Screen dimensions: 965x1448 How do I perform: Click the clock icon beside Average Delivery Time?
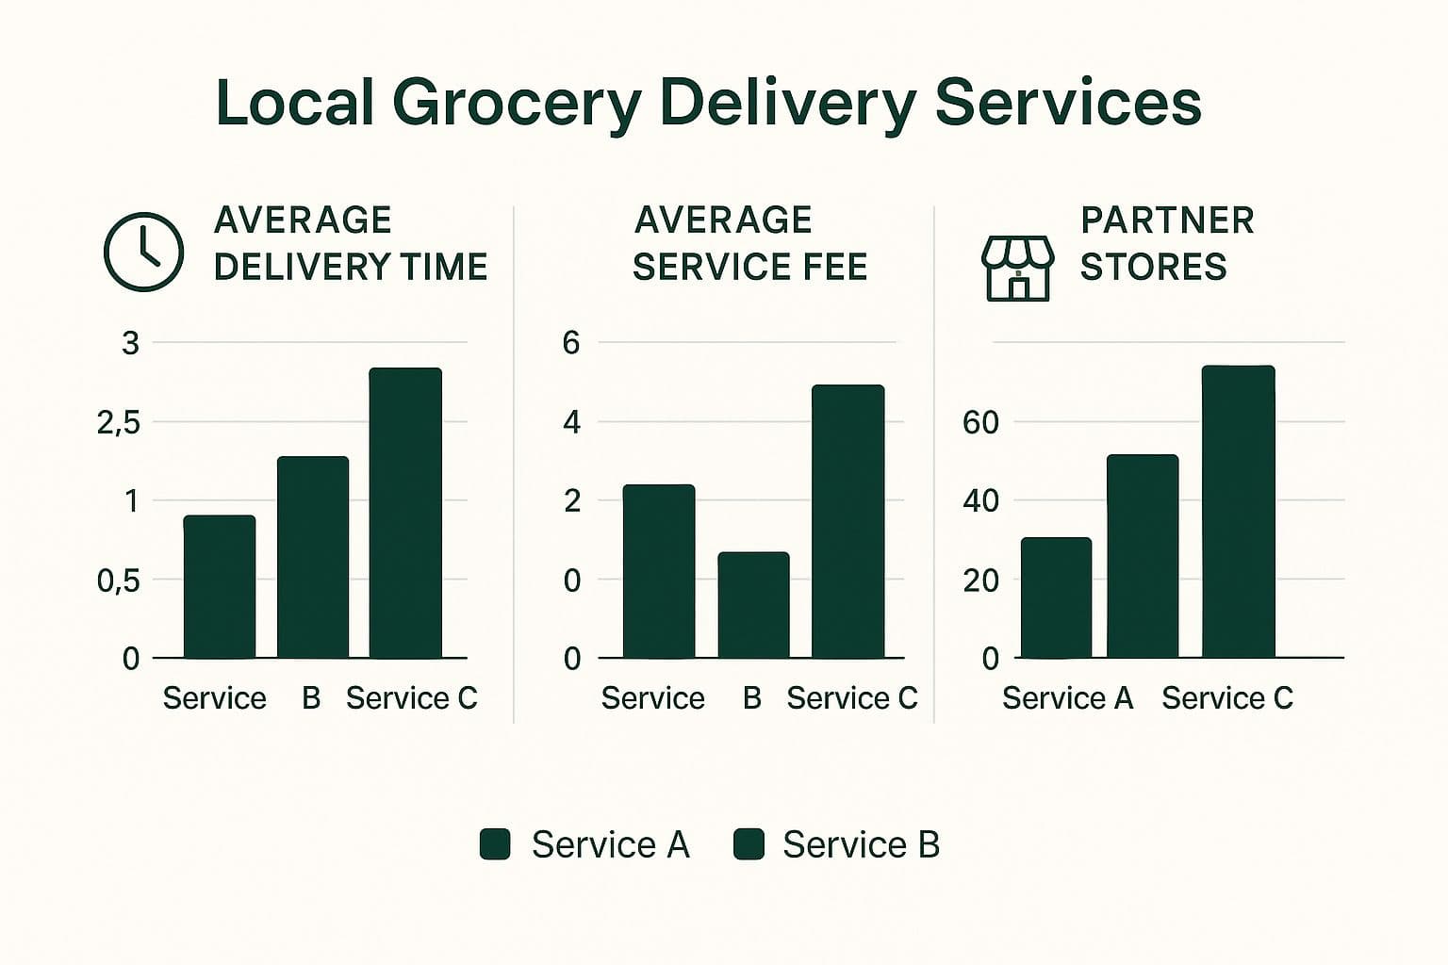click(x=142, y=252)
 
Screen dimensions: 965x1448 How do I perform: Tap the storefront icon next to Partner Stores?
click(x=1017, y=268)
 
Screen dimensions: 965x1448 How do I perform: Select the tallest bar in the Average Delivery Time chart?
click(x=405, y=513)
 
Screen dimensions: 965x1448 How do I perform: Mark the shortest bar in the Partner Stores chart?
click(x=1056, y=597)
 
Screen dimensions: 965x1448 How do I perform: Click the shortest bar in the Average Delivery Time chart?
click(x=219, y=586)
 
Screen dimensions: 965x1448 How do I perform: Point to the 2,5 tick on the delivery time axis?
click(x=118, y=422)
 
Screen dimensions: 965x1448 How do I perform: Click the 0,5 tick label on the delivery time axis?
click(x=118, y=581)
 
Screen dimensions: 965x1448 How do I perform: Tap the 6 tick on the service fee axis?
click(x=571, y=343)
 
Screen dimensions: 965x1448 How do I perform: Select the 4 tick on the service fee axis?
click(x=571, y=422)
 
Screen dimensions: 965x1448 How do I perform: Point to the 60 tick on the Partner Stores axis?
click(x=980, y=422)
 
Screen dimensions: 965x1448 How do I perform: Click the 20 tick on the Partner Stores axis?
click(x=980, y=581)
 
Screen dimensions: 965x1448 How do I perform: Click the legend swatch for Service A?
click(x=495, y=844)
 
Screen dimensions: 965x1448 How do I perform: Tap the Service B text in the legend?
click(x=861, y=844)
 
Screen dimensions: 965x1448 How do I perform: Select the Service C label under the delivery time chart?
click(x=411, y=698)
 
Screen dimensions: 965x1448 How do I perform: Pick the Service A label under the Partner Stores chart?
click(x=1067, y=698)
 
